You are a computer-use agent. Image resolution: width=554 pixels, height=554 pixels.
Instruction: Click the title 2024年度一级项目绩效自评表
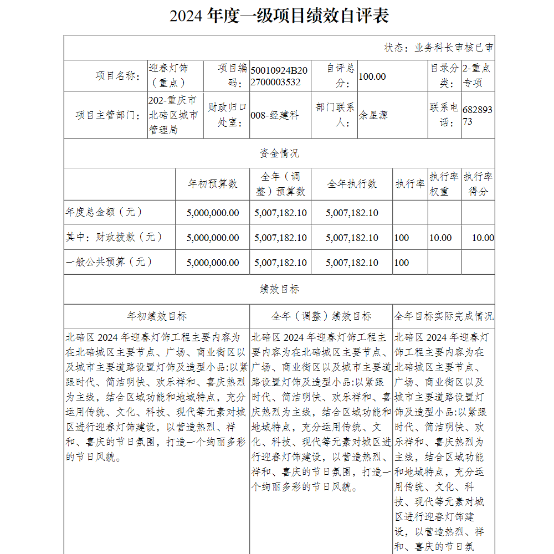279,16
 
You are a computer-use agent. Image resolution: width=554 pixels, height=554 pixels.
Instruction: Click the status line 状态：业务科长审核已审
439,48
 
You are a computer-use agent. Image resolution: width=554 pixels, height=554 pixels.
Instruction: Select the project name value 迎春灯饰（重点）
168,75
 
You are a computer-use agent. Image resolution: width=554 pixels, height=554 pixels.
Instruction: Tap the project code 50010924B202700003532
279,76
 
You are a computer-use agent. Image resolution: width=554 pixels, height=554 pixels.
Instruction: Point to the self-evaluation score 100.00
372,76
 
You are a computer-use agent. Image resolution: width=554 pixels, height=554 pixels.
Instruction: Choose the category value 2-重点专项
476,75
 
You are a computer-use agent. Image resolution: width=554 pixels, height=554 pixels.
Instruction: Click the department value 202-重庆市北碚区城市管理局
173,115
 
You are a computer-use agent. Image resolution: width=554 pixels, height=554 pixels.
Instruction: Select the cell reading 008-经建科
275,115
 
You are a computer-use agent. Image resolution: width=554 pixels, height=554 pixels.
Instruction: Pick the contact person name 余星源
373,115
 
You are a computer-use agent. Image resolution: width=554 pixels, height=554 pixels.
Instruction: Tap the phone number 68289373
477,115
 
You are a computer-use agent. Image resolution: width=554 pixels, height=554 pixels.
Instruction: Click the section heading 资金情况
279,153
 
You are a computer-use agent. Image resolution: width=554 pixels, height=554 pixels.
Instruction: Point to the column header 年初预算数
213,184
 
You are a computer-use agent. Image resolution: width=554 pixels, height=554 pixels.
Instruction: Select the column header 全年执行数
352,184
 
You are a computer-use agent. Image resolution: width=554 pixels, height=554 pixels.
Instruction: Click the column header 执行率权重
444,184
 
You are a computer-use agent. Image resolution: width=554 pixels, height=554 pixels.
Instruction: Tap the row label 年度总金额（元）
105,212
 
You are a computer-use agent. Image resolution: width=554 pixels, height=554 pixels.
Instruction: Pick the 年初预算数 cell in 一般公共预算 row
213,263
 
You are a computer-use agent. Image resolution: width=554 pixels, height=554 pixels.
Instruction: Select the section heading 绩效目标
279,289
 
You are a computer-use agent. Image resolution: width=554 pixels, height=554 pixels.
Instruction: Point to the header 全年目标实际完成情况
444,316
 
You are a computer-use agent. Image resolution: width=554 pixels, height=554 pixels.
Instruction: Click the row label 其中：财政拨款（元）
115,237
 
